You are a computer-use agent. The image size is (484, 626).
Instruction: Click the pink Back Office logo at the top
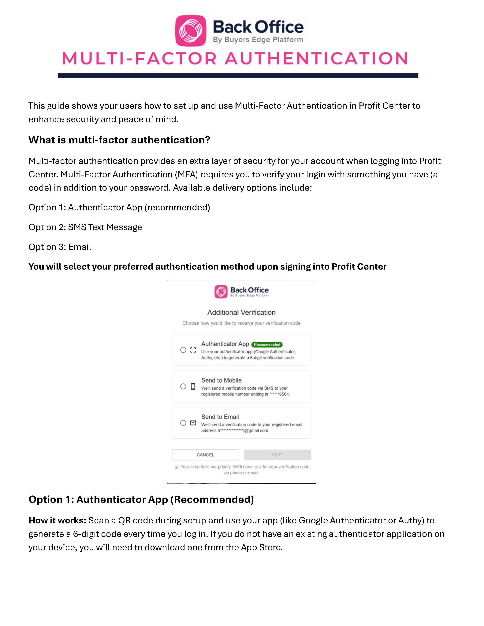click(191, 30)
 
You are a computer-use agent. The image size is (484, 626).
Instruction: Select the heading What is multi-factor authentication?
click(119, 140)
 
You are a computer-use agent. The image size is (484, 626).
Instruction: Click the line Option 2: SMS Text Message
click(85, 227)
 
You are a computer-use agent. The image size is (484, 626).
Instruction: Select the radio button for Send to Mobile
click(183, 386)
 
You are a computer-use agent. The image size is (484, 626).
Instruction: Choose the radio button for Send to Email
click(183, 423)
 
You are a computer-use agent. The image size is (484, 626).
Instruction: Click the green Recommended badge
click(267, 344)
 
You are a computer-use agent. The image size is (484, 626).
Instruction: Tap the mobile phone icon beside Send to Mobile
click(193, 386)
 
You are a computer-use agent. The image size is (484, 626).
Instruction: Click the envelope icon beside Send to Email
click(193, 423)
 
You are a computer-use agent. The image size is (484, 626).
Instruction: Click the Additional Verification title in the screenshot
click(241, 312)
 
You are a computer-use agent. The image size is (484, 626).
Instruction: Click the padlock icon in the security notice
click(176, 467)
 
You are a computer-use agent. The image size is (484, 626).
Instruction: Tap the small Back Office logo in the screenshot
click(221, 292)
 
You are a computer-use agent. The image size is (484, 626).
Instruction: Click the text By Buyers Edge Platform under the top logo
click(258, 40)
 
